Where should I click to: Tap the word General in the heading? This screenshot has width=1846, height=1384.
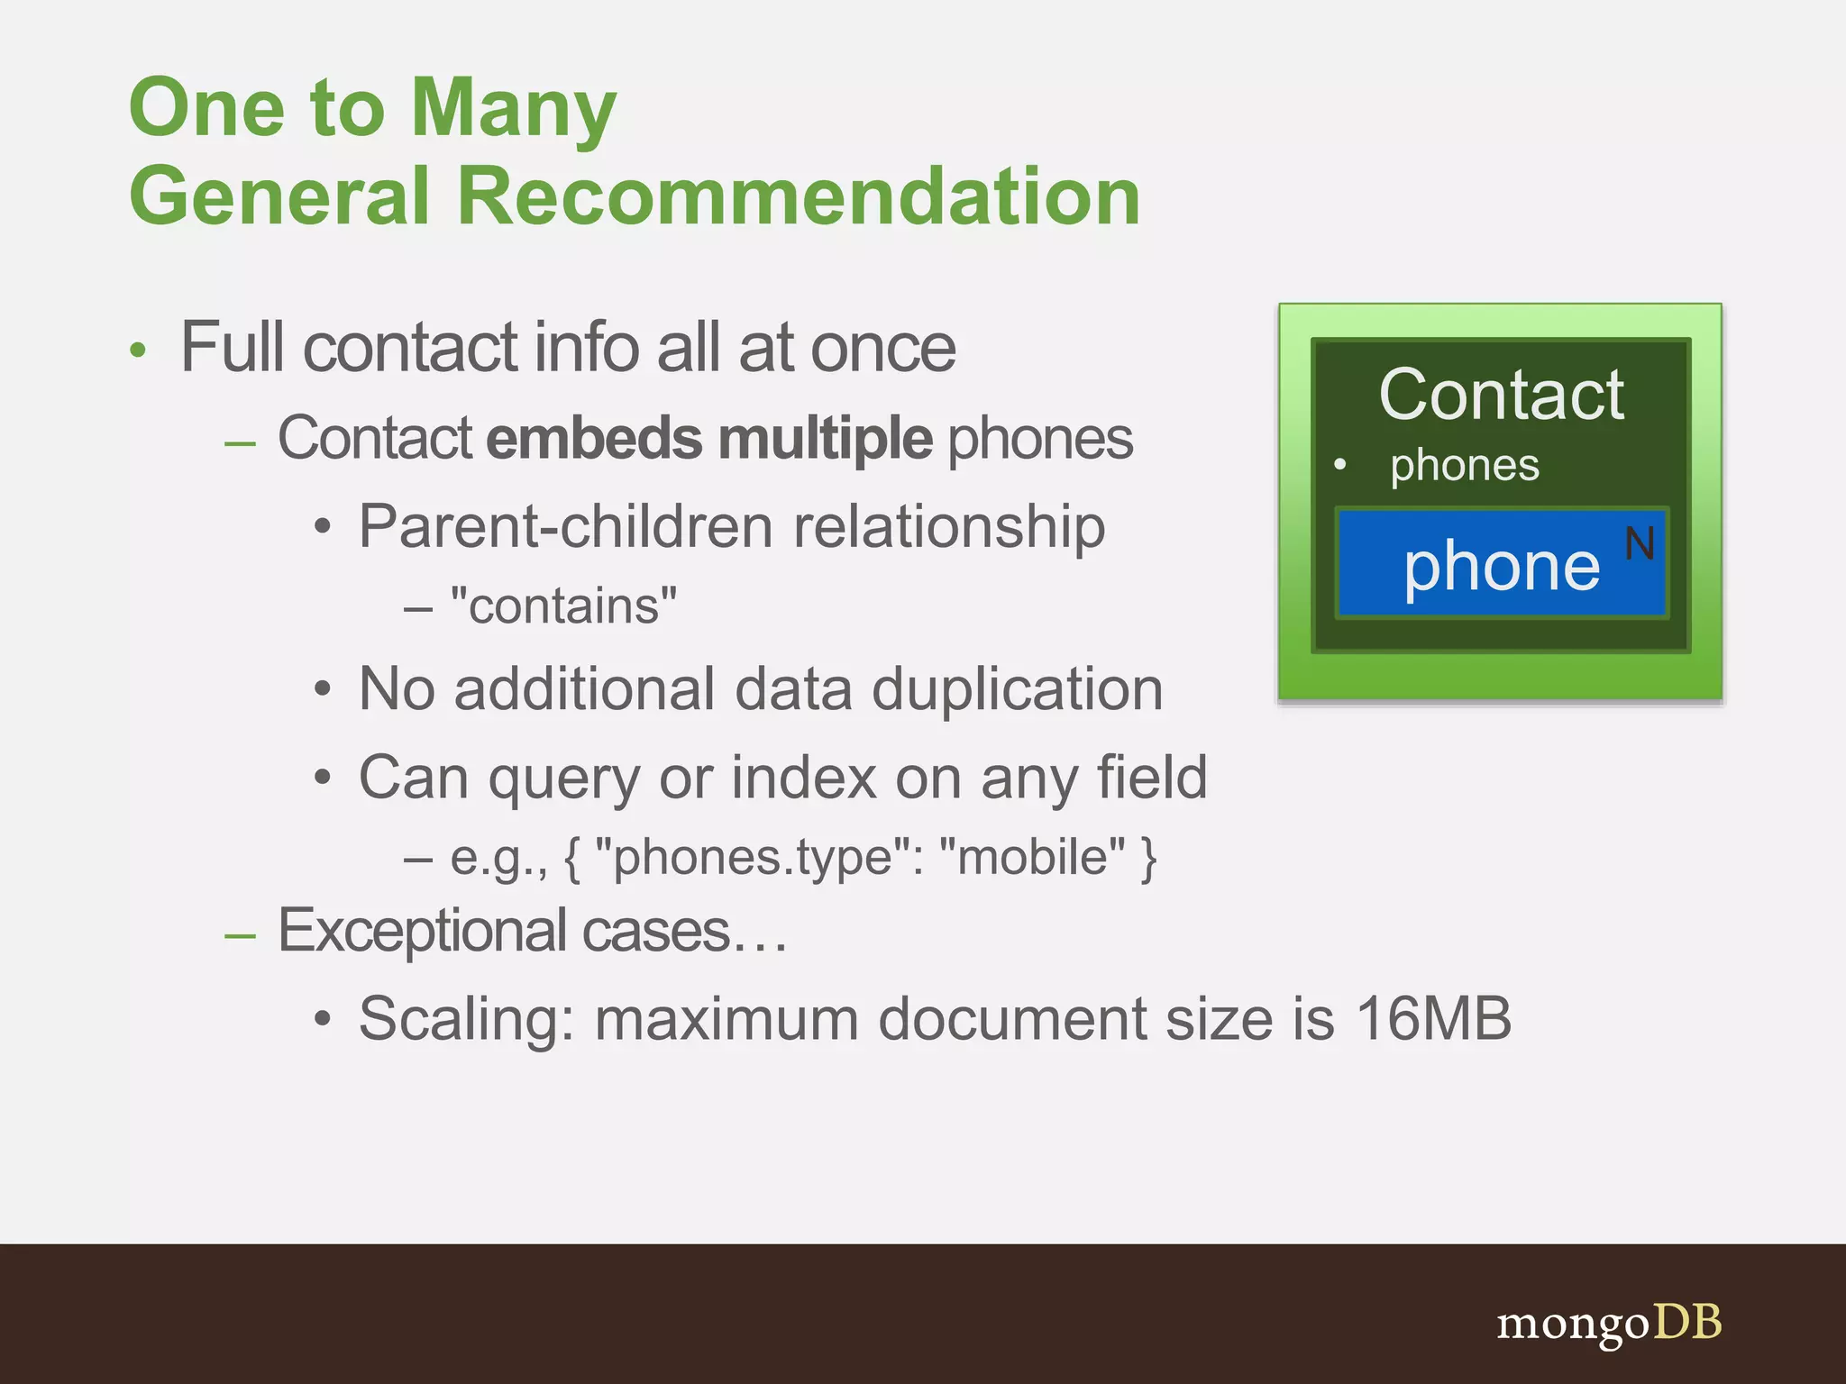(279, 196)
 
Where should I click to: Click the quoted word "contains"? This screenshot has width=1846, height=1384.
(563, 605)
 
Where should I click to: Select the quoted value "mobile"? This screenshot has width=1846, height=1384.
(1032, 857)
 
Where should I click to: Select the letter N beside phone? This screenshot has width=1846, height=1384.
(1640, 544)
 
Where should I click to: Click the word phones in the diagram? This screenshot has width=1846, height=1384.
(1464, 466)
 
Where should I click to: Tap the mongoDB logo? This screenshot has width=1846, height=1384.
(1609, 1324)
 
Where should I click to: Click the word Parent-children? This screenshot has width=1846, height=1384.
(564, 526)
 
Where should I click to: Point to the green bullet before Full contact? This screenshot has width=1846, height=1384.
(137, 351)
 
